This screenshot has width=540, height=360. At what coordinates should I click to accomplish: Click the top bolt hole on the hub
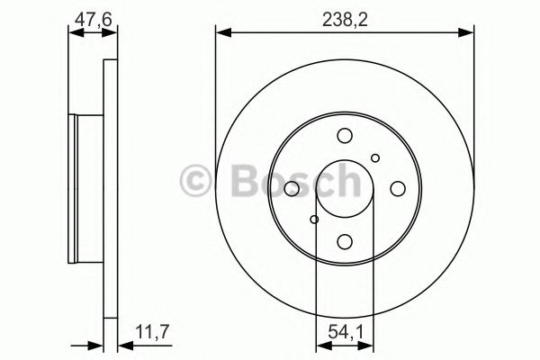[x=344, y=137]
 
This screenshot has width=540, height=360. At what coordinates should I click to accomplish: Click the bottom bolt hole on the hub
[x=344, y=241]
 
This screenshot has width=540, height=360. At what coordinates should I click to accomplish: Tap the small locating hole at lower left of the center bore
[x=313, y=219]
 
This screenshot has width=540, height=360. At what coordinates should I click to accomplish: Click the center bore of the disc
[x=344, y=189]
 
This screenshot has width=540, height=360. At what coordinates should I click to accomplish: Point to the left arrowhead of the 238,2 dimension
[x=221, y=33]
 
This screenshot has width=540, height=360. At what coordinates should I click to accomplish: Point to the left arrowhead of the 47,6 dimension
[x=75, y=33]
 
